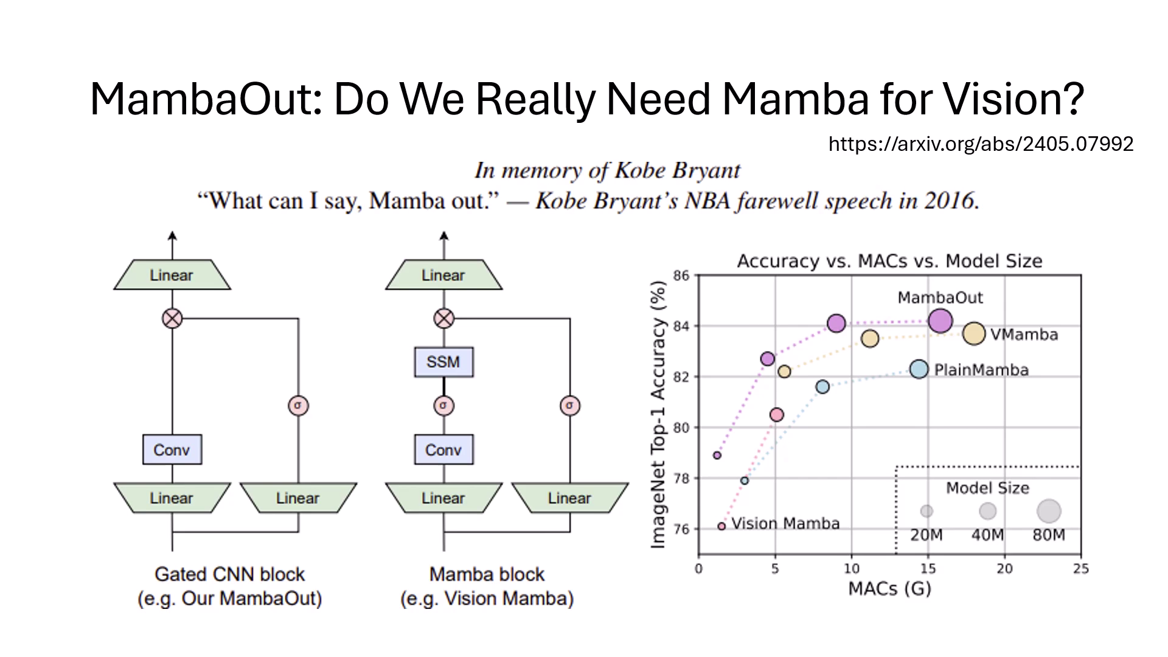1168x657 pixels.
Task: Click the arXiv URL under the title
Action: coord(981,144)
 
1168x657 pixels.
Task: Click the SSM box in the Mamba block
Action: coord(443,362)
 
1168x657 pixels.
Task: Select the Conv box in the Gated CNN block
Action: coord(172,450)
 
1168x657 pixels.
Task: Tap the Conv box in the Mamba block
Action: coord(443,450)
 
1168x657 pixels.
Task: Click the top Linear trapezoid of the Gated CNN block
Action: coord(172,275)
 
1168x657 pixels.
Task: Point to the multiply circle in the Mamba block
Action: coord(444,318)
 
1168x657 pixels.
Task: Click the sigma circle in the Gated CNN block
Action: coord(298,405)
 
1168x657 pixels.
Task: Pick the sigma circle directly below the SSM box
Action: coord(443,405)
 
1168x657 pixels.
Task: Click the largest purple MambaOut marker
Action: coord(940,321)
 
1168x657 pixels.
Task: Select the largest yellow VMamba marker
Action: coord(974,333)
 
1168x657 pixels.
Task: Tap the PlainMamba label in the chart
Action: coord(981,370)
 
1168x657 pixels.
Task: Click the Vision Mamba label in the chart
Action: coord(785,524)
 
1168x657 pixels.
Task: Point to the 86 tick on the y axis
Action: coord(681,276)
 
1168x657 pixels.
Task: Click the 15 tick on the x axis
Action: coord(928,569)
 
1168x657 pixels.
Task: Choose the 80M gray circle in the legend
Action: coord(1049,511)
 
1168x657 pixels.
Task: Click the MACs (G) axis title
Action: coord(889,589)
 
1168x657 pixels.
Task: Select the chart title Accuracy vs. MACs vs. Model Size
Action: coord(889,261)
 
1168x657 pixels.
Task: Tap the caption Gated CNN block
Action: coord(230,574)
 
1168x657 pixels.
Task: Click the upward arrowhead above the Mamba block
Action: coord(444,236)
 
